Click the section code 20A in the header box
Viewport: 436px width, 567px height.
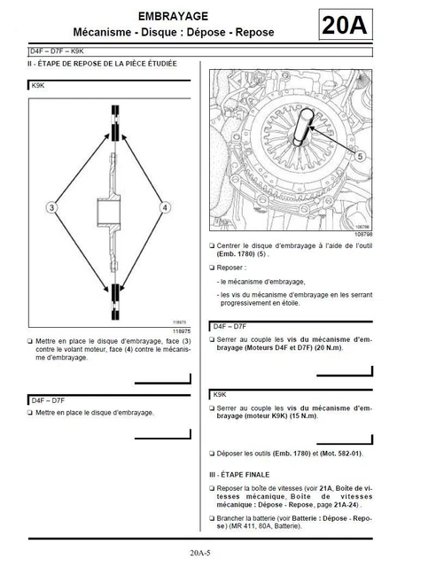tap(345, 27)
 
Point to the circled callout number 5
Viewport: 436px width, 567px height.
tap(359, 155)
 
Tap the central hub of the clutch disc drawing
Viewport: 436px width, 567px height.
tap(108, 213)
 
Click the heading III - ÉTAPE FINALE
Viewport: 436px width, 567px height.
tap(244, 473)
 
